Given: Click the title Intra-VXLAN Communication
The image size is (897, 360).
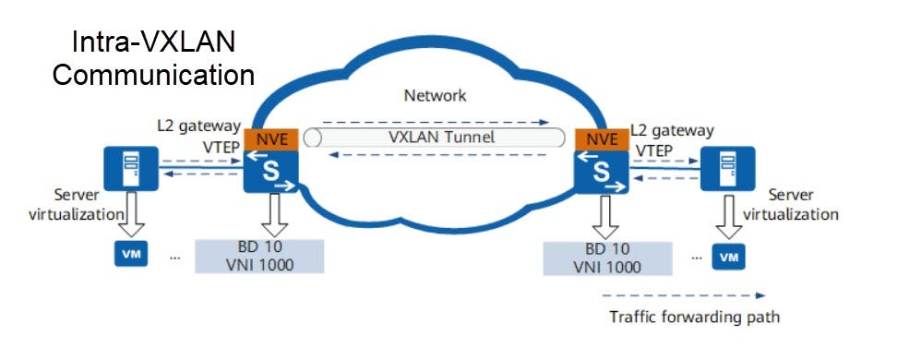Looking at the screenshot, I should (152, 57).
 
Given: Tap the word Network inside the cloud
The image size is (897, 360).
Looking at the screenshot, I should (435, 95).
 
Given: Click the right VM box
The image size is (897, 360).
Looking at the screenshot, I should (730, 255).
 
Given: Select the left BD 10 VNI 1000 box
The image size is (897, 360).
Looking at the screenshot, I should (260, 256).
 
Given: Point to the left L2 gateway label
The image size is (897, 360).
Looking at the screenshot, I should (198, 125).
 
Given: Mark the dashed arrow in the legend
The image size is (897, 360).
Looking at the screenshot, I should (682, 296).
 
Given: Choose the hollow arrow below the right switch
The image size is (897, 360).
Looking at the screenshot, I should (601, 217).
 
